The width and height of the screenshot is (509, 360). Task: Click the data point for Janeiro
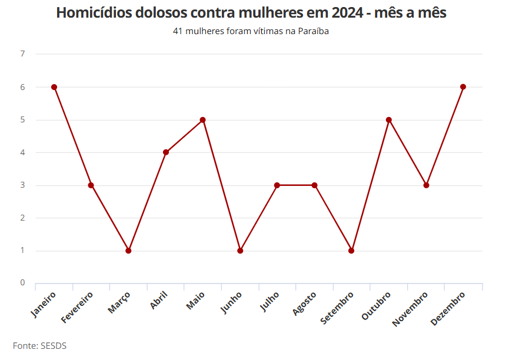pyautogui.click(x=54, y=87)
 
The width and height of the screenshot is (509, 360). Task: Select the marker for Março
pyautogui.click(x=128, y=251)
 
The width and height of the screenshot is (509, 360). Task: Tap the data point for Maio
pyautogui.click(x=202, y=120)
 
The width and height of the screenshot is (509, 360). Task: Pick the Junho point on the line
pyautogui.click(x=240, y=251)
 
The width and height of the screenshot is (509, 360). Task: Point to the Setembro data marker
pyautogui.click(x=351, y=251)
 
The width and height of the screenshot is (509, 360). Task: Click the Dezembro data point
pyautogui.click(x=463, y=87)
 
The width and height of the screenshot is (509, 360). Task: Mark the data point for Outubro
pyautogui.click(x=389, y=120)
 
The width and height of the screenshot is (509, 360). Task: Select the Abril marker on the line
pyautogui.click(x=166, y=152)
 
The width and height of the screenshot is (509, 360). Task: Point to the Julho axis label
pyautogui.click(x=268, y=302)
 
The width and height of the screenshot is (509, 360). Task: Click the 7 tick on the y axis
pyautogui.click(x=22, y=54)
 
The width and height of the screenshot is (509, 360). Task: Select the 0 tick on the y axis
pyautogui.click(x=22, y=283)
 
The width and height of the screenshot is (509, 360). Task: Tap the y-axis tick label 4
pyautogui.click(x=22, y=152)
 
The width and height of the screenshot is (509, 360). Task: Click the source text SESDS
pyautogui.click(x=53, y=346)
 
